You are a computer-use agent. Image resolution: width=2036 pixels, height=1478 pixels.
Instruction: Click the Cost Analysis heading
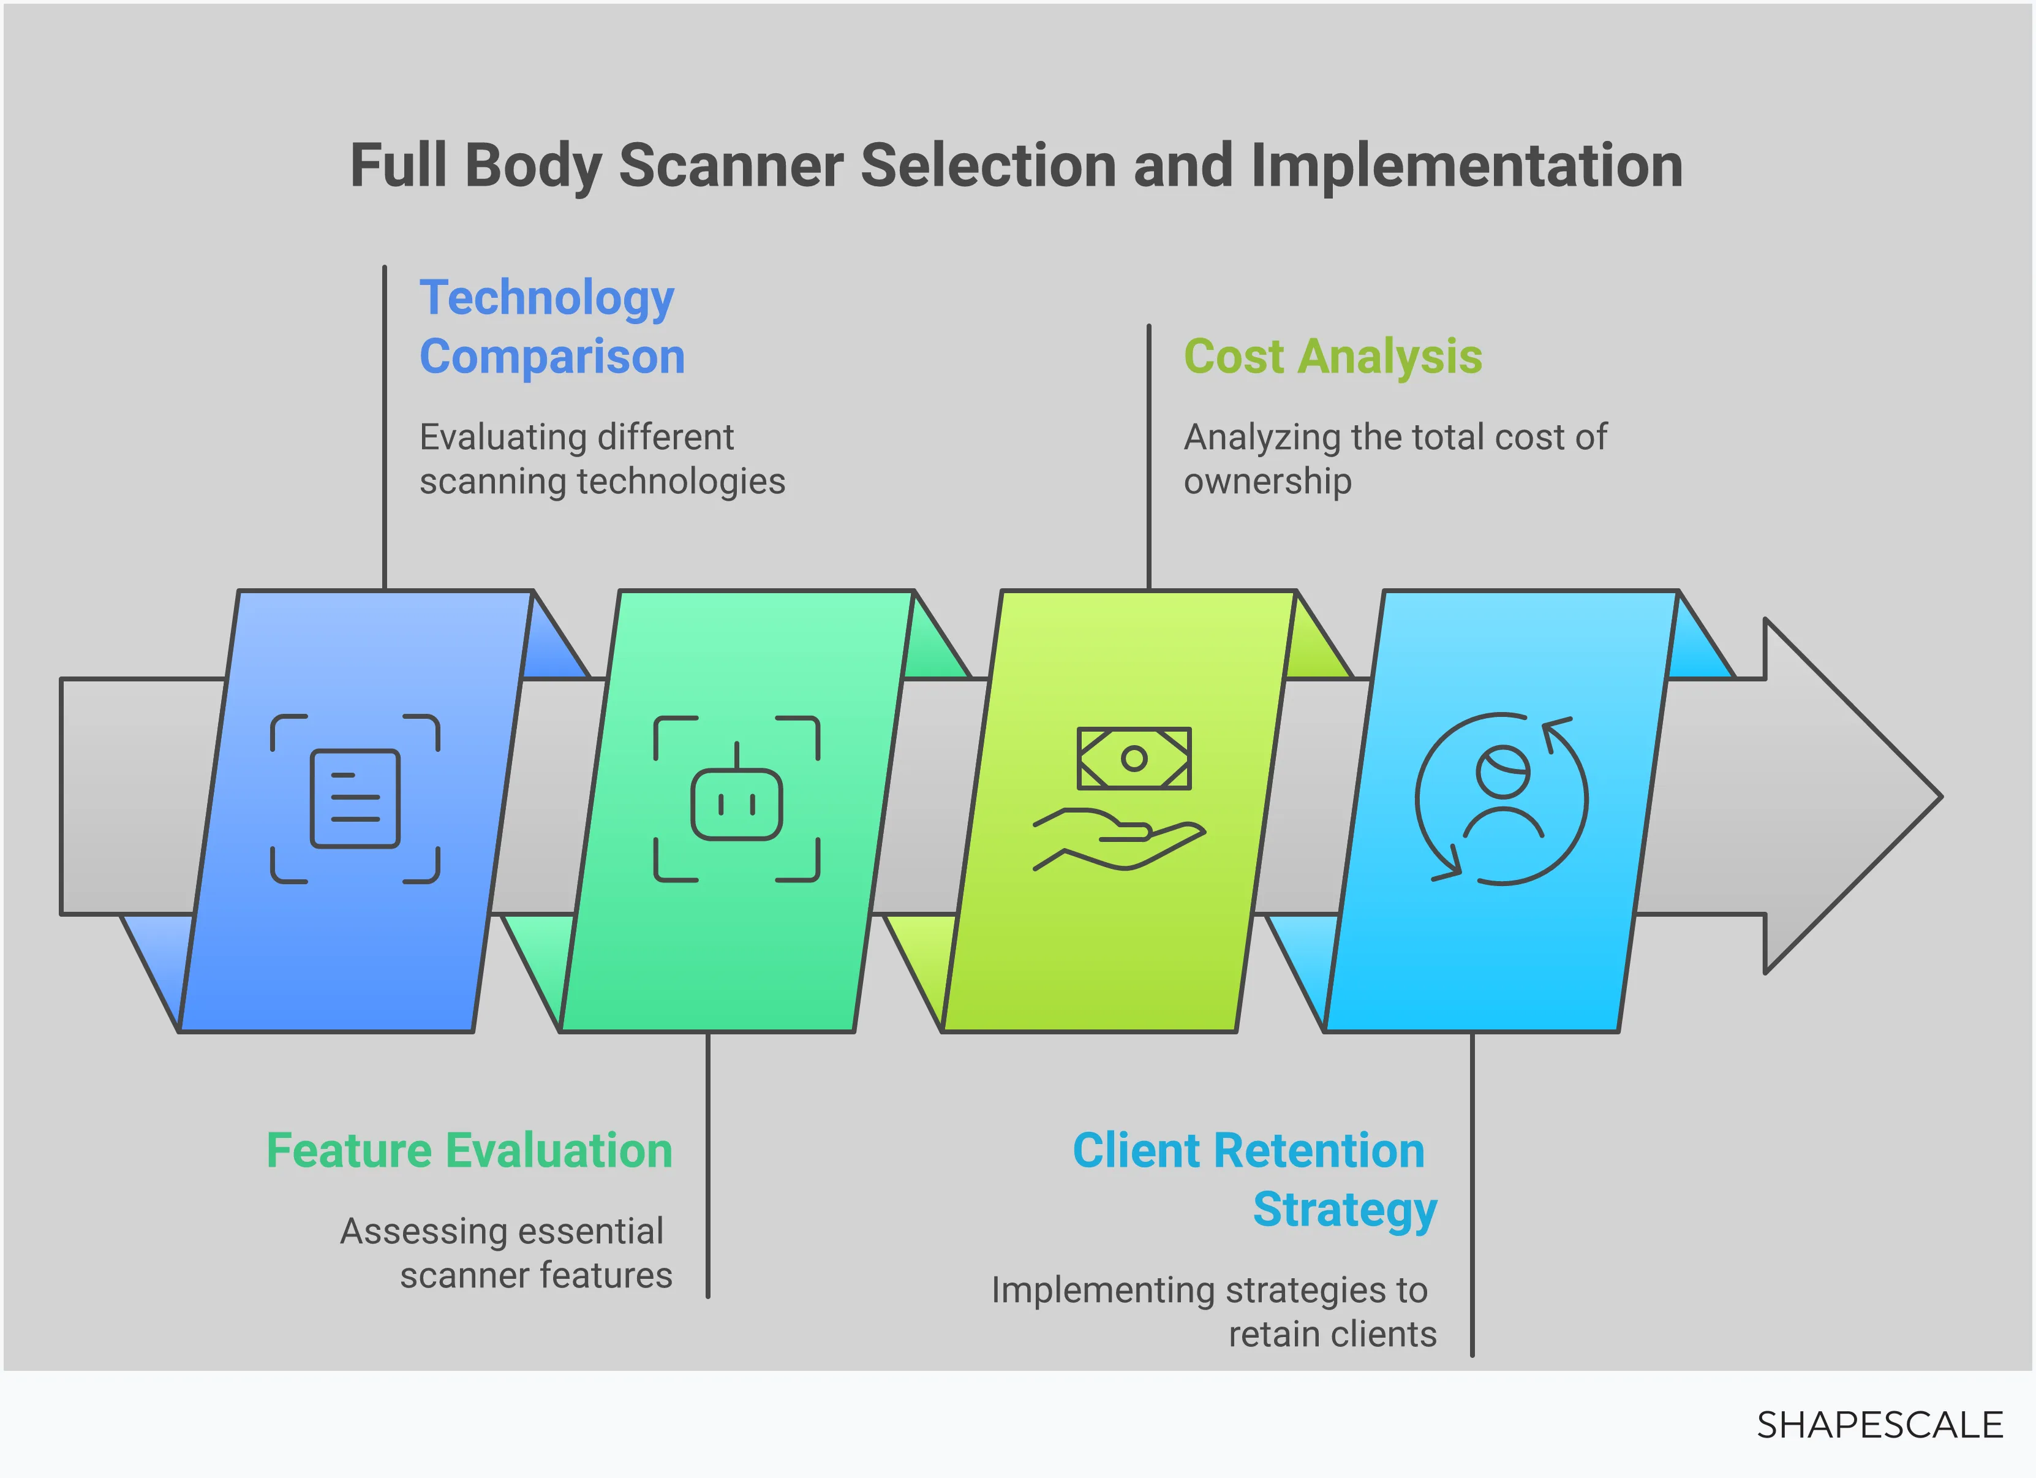[1332, 357]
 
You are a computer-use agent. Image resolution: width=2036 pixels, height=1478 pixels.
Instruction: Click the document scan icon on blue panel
[355, 798]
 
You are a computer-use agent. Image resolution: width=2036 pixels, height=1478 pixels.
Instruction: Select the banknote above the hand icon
[1134, 759]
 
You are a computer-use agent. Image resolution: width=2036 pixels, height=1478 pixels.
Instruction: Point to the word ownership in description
[1267, 482]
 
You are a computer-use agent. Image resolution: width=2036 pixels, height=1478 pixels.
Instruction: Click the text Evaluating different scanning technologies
[601, 459]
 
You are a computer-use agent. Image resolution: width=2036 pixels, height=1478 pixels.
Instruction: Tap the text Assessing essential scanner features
[505, 1253]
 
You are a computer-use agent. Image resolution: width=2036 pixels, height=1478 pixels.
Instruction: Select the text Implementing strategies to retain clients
[1213, 1312]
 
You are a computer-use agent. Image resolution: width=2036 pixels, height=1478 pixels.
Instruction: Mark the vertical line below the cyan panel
[1472, 1194]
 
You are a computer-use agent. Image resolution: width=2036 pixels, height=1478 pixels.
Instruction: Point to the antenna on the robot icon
[736, 754]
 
